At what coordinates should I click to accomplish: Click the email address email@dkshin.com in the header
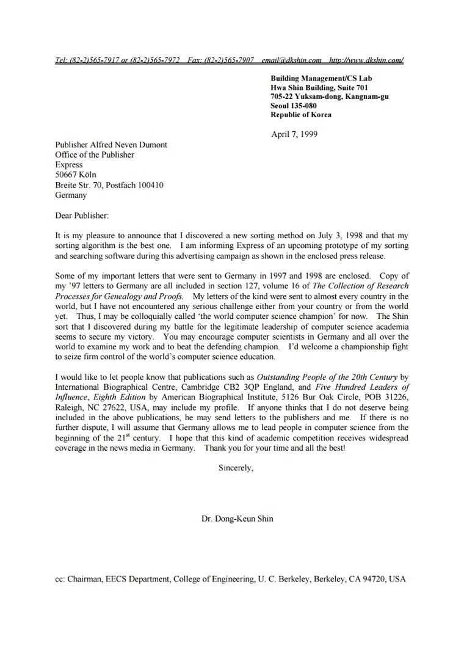pyautogui.click(x=291, y=60)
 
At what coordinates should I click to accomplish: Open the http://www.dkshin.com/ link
pyautogui.click(x=366, y=60)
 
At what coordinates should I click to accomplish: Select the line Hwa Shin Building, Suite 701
pyautogui.click(x=319, y=87)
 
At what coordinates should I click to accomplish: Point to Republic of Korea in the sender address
pyautogui.click(x=301, y=114)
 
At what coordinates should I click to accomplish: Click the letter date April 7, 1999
pyautogui.click(x=294, y=134)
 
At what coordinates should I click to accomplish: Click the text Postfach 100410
pyautogui.click(x=134, y=185)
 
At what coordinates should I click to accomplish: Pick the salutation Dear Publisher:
pyautogui.click(x=81, y=215)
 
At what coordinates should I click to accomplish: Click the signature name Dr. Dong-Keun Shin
pyautogui.click(x=237, y=519)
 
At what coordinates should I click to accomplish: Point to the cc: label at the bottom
pyautogui.click(x=60, y=578)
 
